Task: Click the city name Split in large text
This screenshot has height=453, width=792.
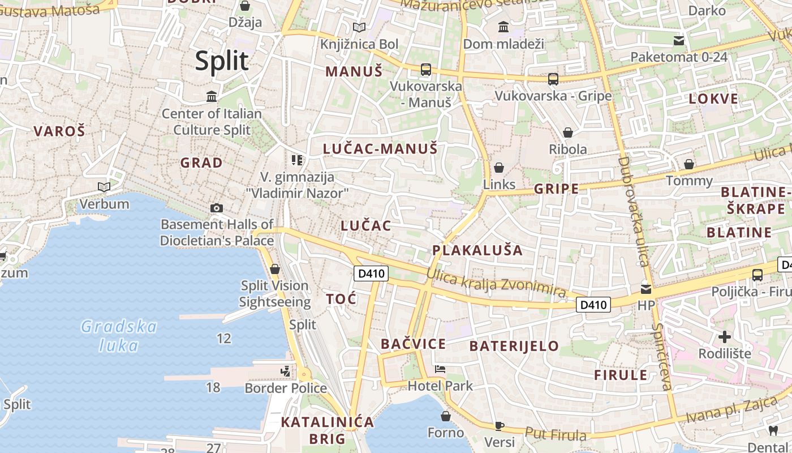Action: click(x=222, y=61)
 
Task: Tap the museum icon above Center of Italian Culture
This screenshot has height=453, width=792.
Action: click(x=212, y=96)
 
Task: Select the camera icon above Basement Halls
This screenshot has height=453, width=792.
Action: click(x=216, y=208)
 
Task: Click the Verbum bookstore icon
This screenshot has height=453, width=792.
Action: click(x=104, y=187)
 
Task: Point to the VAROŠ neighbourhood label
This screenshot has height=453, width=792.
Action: click(x=59, y=131)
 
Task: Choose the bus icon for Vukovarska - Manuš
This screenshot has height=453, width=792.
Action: click(x=426, y=70)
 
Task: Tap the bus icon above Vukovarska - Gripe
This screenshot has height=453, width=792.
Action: click(x=553, y=79)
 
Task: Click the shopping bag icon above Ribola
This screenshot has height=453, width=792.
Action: click(x=567, y=133)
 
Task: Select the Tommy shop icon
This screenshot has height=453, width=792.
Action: click(x=689, y=164)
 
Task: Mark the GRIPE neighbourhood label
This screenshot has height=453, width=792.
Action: click(x=557, y=189)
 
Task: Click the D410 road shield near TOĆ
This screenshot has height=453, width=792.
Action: click(x=372, y=273)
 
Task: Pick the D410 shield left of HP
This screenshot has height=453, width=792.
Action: click(x=594, y=305)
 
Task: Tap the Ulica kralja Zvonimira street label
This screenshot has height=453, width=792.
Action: click(x=496, y=283)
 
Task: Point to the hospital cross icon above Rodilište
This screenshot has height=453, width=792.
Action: click(x=725, y=337)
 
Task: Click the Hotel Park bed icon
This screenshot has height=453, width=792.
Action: click(x=440, y=369)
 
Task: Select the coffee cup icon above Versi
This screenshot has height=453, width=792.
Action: click(x=500, y=425)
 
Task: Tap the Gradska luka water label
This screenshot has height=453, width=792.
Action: click(x=119, y=335)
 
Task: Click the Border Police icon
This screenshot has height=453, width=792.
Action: click(x=286, y=371)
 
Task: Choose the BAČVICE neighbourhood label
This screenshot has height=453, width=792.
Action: click(x=413, y=344)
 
